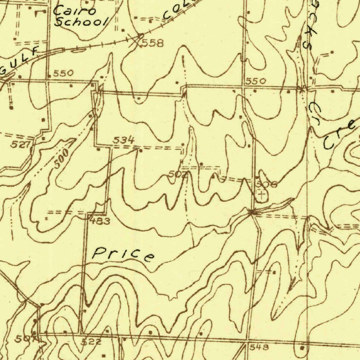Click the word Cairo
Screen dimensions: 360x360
pyautogui.click(x=74, y=11)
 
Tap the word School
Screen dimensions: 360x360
pyautogui.click(x=81, y=22)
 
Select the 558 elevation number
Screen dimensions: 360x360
pyautogui.click(x=153, y=44)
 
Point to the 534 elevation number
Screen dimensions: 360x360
pyautogui.click(x=123, y=140)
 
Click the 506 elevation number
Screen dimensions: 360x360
pyautogui.click(x=266, y=184)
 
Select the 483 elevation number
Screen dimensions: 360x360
pyautogui.click(x=100, y=221)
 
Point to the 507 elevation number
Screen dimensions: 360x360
pyautogui.click(x=24, y=339)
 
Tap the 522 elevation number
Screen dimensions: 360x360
pyautogui.click(x=91, y=342)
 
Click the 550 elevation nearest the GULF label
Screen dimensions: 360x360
pyautogui.click(x=63, y=73)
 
